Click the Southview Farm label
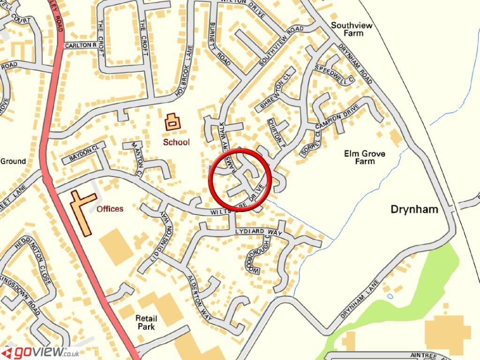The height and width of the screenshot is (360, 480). coord(352,29)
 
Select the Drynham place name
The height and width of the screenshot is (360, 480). coord(414,209)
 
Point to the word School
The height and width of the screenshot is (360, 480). coord(176,142)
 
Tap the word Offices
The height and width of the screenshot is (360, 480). coord(110,209)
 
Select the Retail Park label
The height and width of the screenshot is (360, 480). coord(145,322)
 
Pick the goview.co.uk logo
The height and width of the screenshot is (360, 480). coord(40,352)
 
